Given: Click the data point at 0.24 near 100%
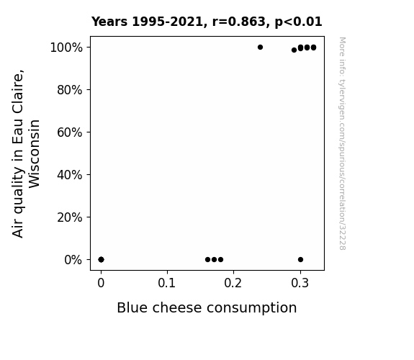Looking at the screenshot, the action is click(260, 48).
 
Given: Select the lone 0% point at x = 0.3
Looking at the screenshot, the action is click(300, 260).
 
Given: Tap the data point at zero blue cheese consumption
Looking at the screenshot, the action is click(101, 260).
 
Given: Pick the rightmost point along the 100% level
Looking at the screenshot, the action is click(313, 48).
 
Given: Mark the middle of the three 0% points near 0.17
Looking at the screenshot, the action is click(214, 260).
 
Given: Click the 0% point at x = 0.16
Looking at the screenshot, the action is click(208, 260).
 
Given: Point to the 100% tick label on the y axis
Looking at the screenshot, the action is click(66, 48).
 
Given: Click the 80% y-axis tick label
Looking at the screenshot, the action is click(70, 90).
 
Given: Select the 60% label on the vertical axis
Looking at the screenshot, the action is click(70, 132).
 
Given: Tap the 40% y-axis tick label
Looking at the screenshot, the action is click(70, 175).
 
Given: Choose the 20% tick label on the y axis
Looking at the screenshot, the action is click(70, 217).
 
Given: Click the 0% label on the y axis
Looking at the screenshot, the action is click(73, 260).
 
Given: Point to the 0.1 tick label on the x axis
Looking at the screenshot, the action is click(167, 283).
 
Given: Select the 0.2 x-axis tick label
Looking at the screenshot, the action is click(233, 283).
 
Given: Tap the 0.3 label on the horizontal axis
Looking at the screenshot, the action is click(300, 283).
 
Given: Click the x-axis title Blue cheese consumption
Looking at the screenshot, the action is click(207, 307).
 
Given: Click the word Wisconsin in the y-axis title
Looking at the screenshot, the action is click(34, 154).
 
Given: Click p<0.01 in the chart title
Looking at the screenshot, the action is click(299, 22).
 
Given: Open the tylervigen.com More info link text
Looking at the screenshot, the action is click(342, 143).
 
